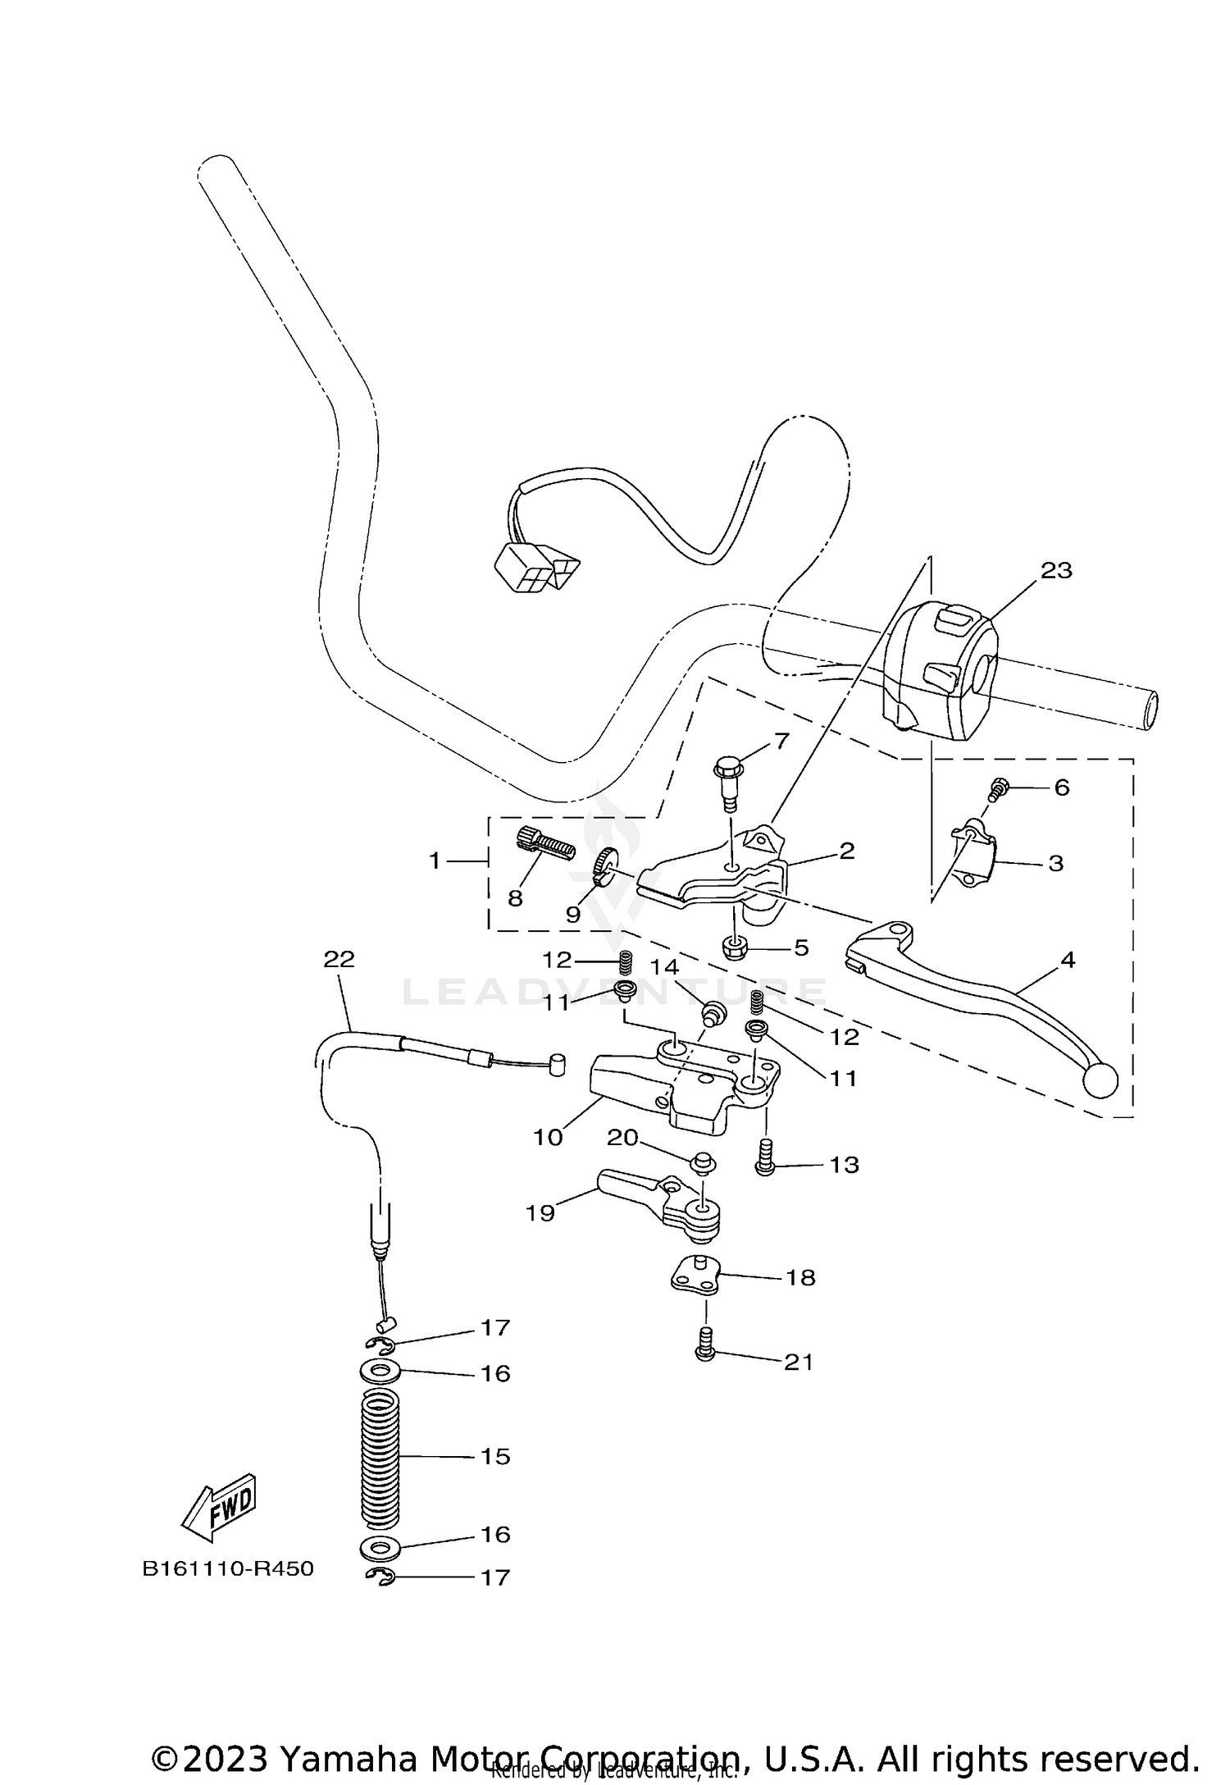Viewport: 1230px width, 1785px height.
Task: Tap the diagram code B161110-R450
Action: point(227,1568)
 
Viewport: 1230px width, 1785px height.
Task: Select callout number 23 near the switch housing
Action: point(1056,570)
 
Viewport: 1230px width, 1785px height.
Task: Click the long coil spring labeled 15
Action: point(380,1457)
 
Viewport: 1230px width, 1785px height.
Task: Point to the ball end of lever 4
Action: point(1100,1081)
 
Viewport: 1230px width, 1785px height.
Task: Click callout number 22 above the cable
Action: point(339,959)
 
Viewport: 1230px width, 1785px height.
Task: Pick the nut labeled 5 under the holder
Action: point(734,949)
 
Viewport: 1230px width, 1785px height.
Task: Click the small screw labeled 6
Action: point(998,789)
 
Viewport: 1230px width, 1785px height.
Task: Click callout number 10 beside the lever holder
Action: point(548,1138)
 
